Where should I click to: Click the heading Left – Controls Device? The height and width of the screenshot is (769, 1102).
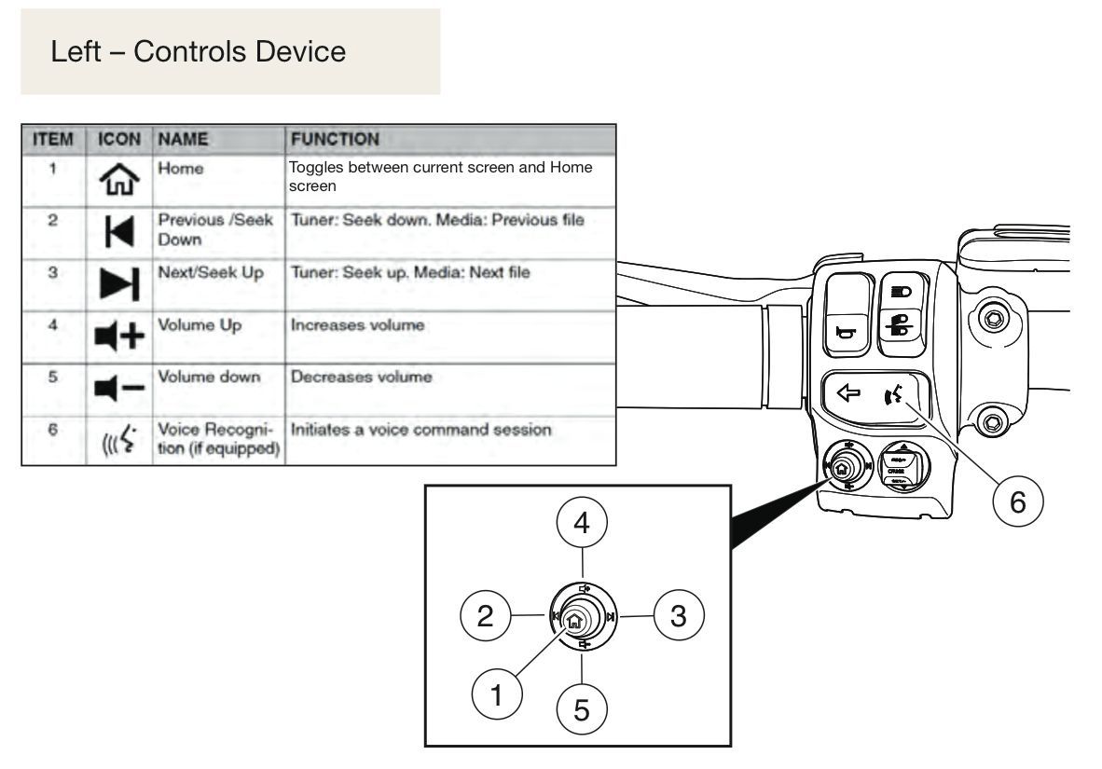(x=199, y=51)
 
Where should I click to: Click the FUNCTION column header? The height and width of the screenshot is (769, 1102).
(x=335, y=139)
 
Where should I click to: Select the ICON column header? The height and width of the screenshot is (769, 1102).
(x=118, y=139)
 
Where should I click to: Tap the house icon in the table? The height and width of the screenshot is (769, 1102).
(x=119, y=179)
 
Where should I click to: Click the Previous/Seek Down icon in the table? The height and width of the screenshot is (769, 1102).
(x=119, y=231)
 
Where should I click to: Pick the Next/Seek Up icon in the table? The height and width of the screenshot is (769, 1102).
(x=119, y=284)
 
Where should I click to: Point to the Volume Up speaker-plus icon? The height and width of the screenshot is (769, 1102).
(x=119, y=336)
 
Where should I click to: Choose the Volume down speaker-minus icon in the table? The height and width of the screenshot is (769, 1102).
(x=119, y=388)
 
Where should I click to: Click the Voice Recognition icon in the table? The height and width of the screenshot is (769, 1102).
(x=118, y=440)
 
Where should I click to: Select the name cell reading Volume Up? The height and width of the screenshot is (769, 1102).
(x=200, y=325)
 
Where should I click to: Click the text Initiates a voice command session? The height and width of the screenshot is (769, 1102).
(x=421, y=430)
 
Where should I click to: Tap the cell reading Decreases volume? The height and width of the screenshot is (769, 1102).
(x=361, y=377)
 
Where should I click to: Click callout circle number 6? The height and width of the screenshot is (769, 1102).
(x=1018, y=501)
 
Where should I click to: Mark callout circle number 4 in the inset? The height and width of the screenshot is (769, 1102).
(x=581, y=523)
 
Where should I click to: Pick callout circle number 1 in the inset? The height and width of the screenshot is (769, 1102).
(x=497, y=694)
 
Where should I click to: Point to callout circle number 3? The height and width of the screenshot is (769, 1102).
(x=678, y=616)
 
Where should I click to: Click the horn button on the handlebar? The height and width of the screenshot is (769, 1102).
(x=847, y=314)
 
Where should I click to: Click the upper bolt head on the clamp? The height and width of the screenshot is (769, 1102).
(x=992, y=320)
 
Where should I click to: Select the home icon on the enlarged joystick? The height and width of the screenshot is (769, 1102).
(x=574, y=621)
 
